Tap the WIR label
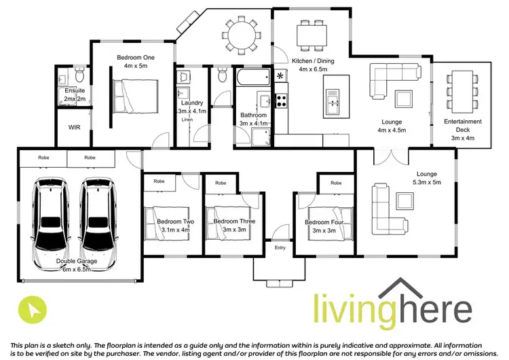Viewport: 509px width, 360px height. (x=74, y=127)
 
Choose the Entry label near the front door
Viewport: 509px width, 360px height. (x=280, y=248)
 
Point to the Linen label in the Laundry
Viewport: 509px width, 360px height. (x=188, y=120)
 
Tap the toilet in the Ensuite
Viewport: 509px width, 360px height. (x=79, y=71)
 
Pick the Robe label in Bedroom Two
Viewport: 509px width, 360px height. (x=159, y=182)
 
